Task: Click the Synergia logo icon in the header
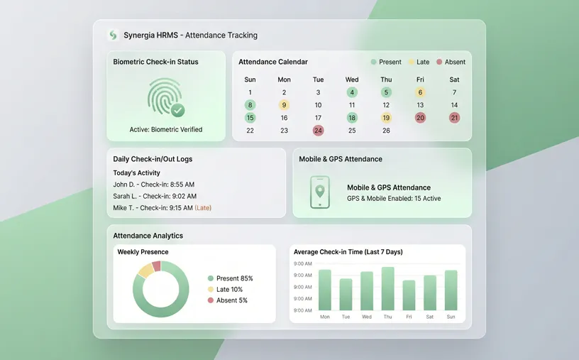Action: click(113, 35)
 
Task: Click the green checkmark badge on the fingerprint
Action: click(178, 110)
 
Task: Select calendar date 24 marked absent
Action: click(318, 131)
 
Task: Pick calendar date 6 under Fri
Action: click(420, 92)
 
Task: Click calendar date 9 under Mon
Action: click(284, 105)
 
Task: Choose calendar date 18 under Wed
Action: click(352, 118)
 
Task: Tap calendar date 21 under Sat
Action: click(454, 118)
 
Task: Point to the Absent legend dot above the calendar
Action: click(439, 62)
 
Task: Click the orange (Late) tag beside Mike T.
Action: click(203, 208)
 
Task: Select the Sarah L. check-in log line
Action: click(155, 196)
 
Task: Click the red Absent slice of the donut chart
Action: click(156, 266)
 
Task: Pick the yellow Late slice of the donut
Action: click(145, 270)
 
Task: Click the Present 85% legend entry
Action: click(230, 278)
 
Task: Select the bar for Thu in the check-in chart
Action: click(387, 289)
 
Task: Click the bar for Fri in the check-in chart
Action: click(409, 295)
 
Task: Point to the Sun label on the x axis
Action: click(451, 317)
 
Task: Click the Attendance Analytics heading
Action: click(148, 235)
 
